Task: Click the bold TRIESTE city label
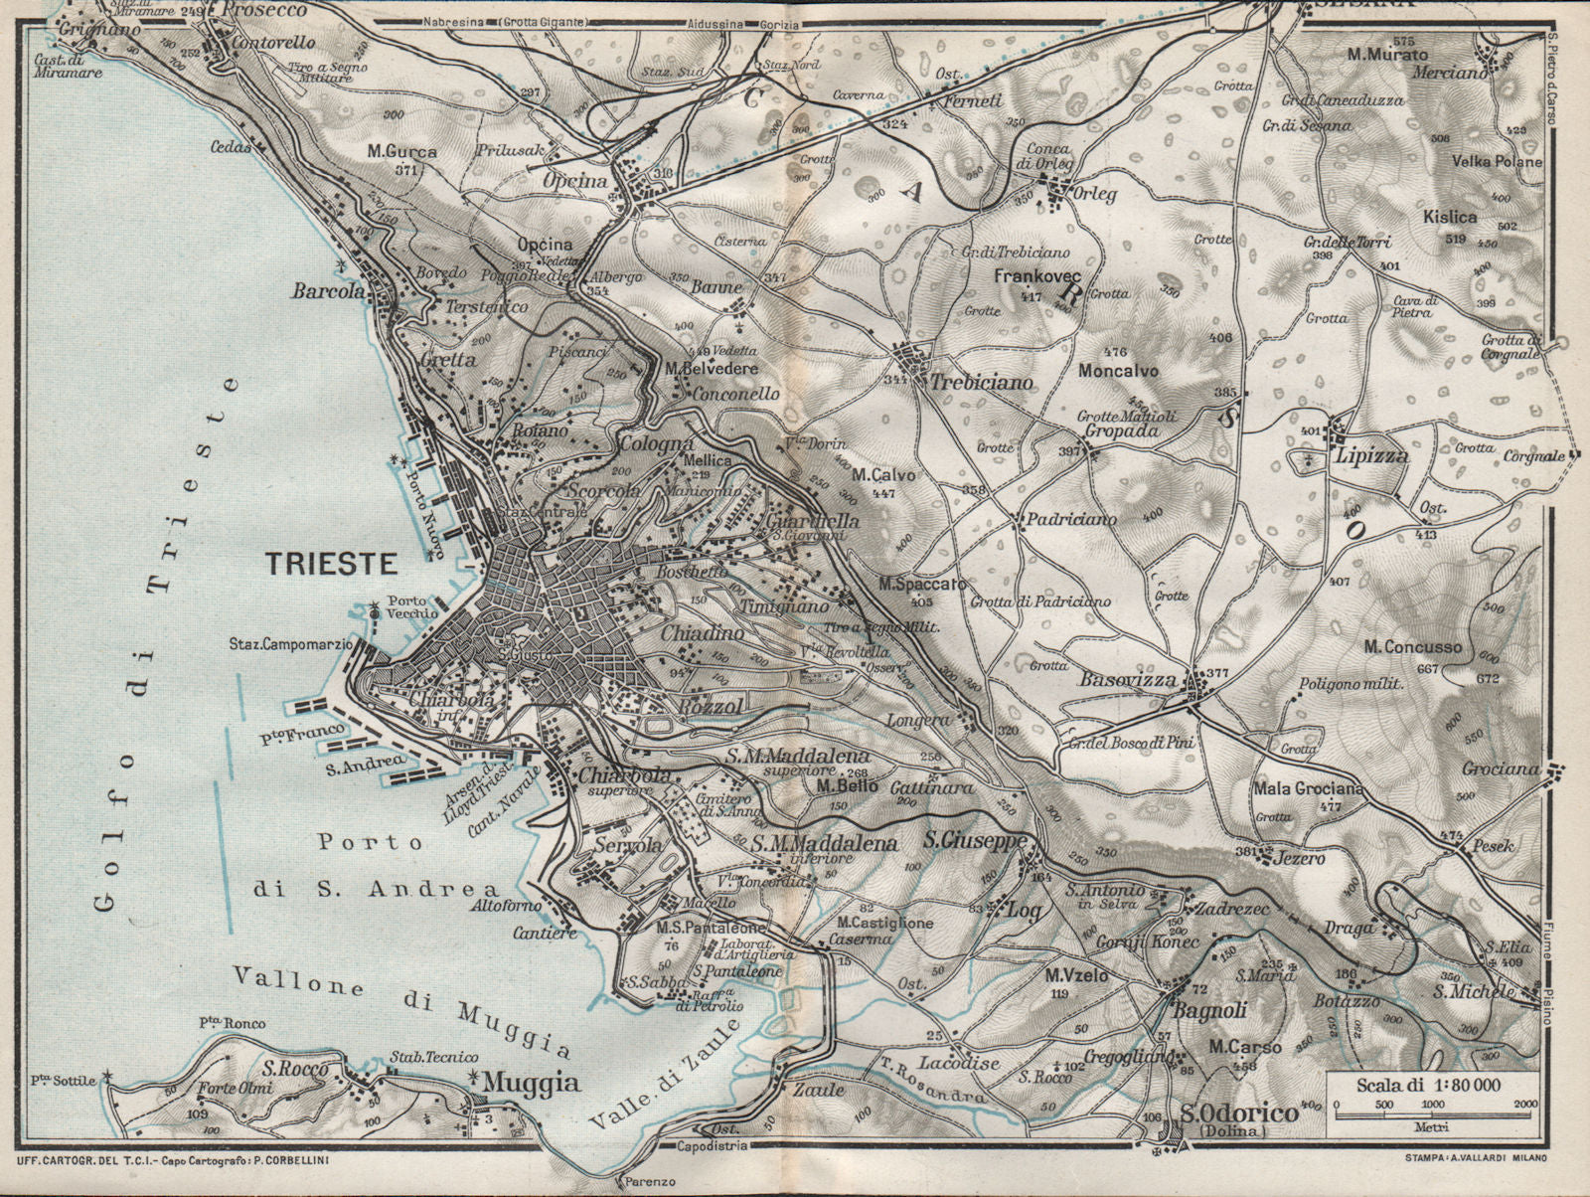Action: coord(332,564)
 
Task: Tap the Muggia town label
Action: coord(517,1083)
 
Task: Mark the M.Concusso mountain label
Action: coord(1412,647)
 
